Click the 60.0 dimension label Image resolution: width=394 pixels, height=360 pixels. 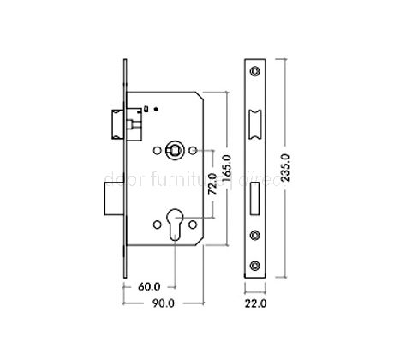[150, 287]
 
